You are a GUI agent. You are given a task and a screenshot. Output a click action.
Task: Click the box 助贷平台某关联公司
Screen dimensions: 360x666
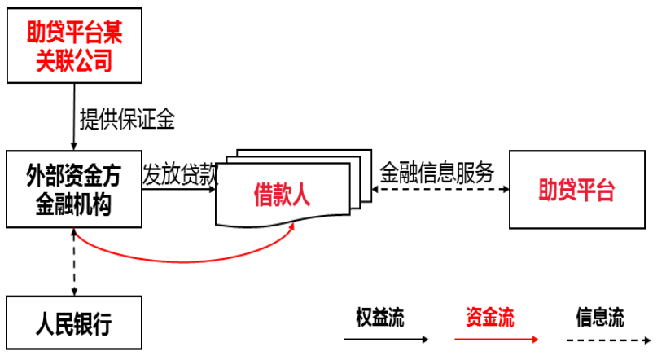[74, 47]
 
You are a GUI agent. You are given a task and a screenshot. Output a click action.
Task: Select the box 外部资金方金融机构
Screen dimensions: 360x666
[74, 190]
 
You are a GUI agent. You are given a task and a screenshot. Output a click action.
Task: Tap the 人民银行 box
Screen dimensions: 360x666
[74, 324]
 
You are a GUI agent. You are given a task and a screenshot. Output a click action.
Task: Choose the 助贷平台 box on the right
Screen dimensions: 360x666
[577, 190]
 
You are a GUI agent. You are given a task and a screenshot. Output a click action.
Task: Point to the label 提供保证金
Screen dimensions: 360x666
[127, 120]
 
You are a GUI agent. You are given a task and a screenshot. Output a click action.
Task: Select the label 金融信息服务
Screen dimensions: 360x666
[437, 173]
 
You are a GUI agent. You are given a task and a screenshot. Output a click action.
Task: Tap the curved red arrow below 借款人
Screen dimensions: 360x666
[179, 260]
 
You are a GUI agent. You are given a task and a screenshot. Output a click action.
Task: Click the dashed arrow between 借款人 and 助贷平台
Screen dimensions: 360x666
[440, 190]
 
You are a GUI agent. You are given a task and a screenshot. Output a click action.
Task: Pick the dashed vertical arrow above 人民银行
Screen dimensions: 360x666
[74, 263]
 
